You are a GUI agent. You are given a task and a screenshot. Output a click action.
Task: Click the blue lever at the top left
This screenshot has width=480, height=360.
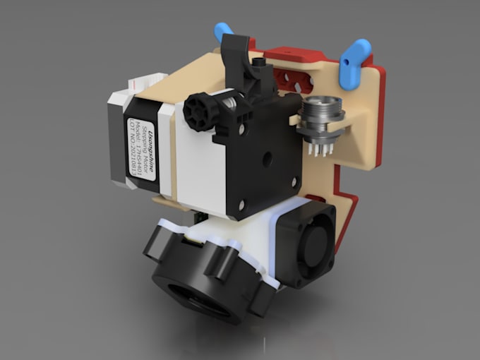click(x=224, y=30)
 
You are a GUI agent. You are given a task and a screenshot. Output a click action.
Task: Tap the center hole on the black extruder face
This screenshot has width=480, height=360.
click(x=266, y=160)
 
